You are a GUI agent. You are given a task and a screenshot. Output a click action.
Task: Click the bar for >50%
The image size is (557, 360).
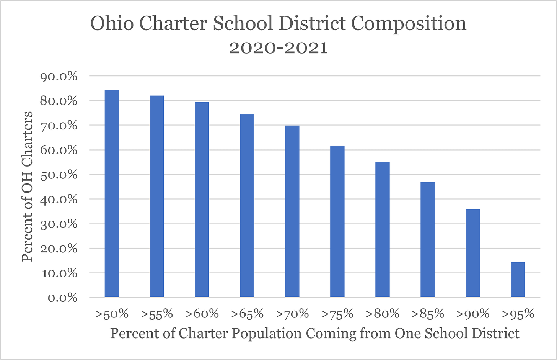point(112,193)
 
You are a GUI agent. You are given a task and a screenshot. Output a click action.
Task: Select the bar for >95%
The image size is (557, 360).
point(518,280)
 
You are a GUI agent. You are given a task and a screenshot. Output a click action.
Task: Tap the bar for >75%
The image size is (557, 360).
point(337,222)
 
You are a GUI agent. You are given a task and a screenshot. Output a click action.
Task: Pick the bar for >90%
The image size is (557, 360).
point(472,253)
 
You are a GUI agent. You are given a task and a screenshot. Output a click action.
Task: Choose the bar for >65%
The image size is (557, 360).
point(247,206)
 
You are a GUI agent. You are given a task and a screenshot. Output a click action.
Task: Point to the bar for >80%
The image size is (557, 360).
point(382,229)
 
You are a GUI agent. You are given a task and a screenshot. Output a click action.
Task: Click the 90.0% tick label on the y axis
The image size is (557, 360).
point(59,77)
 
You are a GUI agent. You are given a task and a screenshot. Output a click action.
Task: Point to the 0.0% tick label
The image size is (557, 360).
point(63,298)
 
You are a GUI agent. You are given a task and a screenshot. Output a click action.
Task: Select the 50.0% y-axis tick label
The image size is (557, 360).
point(59,175)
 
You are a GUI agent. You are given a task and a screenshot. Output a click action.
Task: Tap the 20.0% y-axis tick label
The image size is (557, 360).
point(59,249)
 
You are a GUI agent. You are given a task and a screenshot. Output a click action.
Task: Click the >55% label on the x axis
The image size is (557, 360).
point(157,314)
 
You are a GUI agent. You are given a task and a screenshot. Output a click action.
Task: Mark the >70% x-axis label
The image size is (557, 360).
point(292,314)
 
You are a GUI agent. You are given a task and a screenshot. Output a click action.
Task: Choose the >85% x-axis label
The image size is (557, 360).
point(428,314)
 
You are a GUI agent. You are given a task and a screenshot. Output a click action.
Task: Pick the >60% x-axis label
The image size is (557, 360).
point(202,314)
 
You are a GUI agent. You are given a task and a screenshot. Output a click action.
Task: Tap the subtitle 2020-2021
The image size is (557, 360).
point(278,48)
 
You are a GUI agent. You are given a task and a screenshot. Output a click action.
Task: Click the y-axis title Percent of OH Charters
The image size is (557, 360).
point(27,187)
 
